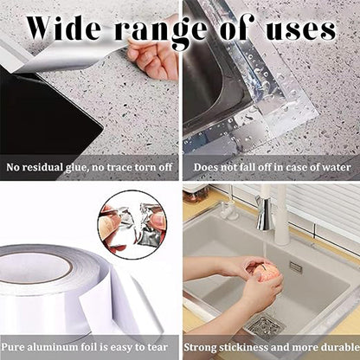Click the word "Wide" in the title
point(64,28)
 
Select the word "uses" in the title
point(300,29)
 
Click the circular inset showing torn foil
point(133,222)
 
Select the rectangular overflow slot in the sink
point(296,267)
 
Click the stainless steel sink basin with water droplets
point(215,87)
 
